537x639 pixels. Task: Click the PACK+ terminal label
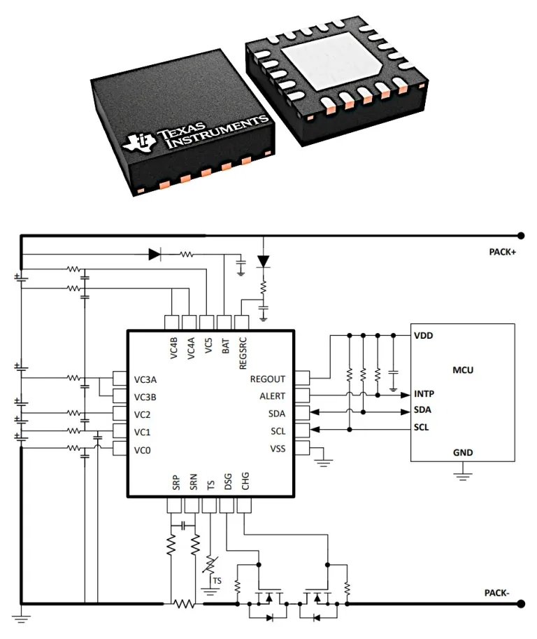(502, 252)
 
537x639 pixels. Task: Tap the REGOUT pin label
(268, 379)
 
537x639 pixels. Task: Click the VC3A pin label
(145, 380)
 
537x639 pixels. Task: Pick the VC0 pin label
(143, 448)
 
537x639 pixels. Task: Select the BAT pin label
(225, 346)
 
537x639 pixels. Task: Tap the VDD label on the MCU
(423, 335)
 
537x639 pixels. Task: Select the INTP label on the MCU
(424, 393)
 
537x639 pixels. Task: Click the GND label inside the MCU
(463, 452)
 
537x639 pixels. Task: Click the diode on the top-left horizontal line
(155, 255)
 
